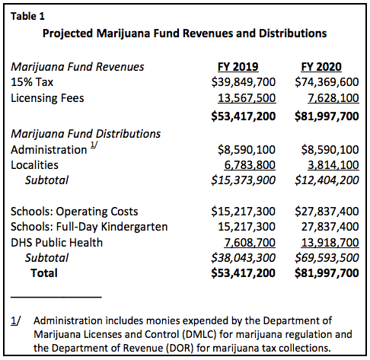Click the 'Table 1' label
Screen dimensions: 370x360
point(27,17)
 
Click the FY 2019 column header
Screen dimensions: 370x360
point(238,67)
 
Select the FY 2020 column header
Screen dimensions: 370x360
point(321,67)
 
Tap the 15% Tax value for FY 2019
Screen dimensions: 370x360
point(244,82)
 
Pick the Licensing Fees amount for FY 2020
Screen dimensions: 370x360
point(333,98)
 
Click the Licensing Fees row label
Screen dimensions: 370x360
point(47,98)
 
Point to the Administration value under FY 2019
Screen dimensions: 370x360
point(247,150)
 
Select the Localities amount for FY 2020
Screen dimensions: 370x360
point(333,165)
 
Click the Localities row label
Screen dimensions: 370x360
point(34,165)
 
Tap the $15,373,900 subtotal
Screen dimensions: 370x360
point(243,180)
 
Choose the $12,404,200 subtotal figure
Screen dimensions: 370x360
point(327,180)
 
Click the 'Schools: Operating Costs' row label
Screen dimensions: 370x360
point(75,212)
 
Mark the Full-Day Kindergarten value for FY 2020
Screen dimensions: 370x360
point(330,227)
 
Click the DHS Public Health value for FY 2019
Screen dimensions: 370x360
point(250,243)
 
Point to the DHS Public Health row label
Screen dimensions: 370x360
point(56,243)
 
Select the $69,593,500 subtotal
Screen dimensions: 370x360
point(327,258)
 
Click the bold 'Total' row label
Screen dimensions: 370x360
point(44,273)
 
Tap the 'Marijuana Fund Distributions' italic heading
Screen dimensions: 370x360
point(85,134)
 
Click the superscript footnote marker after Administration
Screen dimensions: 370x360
point(94,145)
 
